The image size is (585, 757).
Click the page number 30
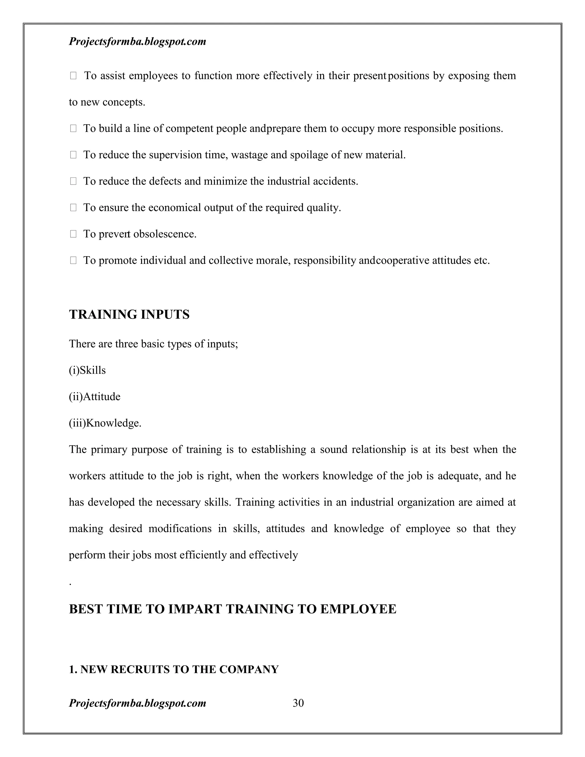tap(298, 703)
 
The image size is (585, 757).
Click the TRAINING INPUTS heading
tap(129, 315)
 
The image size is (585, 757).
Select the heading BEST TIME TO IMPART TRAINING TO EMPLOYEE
tap(233, 609)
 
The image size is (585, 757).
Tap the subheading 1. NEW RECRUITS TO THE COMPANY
tap(174, 669)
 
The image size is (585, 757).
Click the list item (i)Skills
tap(87, 370)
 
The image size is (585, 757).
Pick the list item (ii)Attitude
tap(95, 396)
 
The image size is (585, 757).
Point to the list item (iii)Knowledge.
tap(105, 423)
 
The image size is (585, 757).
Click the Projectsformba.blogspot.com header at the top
tap(138, 42)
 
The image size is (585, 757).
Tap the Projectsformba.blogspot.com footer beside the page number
tap(138, 703)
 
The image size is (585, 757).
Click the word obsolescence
tap(165, 234)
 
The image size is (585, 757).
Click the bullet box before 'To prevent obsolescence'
tap(73, 234)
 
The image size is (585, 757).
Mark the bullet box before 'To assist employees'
tap(73, 76)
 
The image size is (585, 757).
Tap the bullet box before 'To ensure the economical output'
tap(73, 208)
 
